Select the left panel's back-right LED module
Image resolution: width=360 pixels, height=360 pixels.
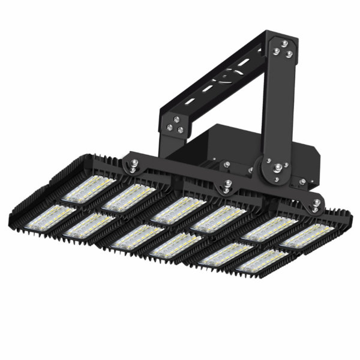[128, 199]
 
